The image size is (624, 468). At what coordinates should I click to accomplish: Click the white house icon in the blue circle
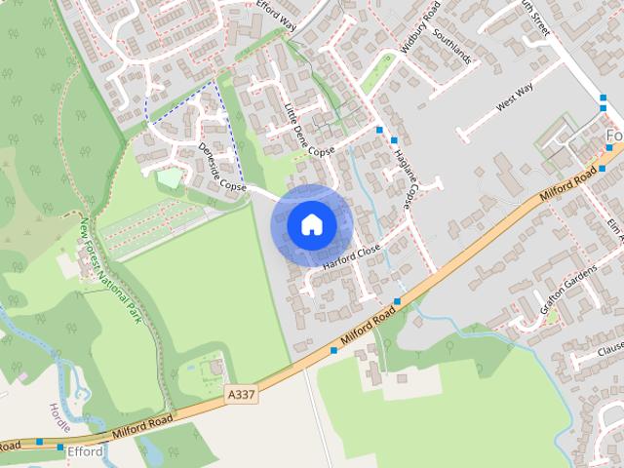pos(311,225)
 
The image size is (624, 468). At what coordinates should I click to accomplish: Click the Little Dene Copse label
pos(308,134)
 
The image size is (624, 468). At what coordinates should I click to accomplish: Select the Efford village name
pos(85,452)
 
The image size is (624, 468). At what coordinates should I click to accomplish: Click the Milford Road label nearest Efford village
pos(141,421)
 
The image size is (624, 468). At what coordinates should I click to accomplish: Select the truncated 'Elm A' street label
pos(613,230)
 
